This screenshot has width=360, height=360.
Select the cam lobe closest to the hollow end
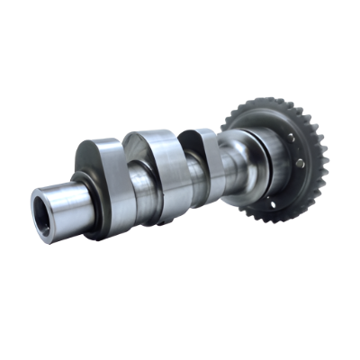tap(108, 180)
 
